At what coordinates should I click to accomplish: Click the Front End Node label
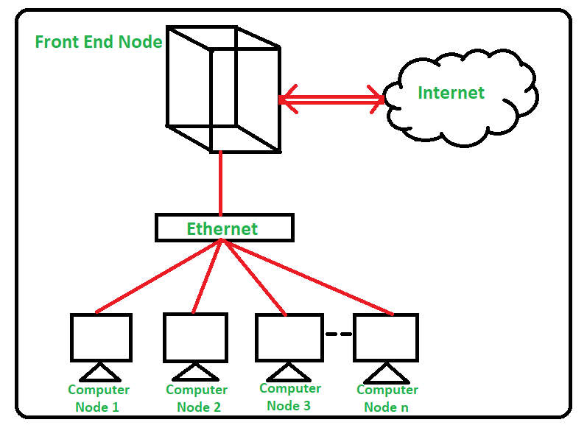(x=99, y=42)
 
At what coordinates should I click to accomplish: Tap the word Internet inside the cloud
(x=451, y=93)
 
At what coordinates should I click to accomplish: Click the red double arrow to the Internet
(x=331, y=98)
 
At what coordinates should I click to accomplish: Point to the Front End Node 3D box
(x=222, y=88)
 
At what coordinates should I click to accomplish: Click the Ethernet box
(x=224, y=228)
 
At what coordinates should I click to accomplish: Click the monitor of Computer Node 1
(x=101, y=337)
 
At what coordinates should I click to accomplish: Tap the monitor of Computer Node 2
(x=195, y=337)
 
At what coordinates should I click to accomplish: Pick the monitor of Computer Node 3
(x=289, y=337)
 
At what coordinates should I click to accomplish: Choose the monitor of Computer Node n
(x=386, y=337)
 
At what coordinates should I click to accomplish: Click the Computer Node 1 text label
(x=99, y=398)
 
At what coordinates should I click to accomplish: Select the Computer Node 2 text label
(x=197, y=398)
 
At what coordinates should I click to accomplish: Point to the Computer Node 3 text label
(x=290, y=396)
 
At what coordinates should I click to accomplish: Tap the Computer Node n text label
(x=387, y=398)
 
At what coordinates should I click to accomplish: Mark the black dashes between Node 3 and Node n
(x=338, y=334)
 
